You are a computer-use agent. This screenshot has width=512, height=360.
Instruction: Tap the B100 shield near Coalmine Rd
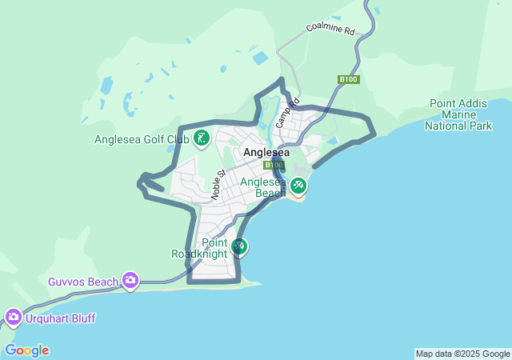tap(348, 79)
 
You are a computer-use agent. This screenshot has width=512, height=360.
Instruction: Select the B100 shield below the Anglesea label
tap(274, 165)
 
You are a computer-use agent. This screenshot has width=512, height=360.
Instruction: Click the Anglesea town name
tap(266, 152)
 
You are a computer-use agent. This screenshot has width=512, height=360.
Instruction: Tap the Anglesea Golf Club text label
tap(142, 139)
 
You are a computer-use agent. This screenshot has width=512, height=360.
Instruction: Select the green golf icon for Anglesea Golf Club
tap(202, 139)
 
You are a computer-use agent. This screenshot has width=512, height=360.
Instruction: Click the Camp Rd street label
tap(286, 113)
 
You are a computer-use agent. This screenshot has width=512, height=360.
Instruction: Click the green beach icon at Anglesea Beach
tap(298, 186)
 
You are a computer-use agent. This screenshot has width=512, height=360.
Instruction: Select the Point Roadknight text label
tap(200, 248)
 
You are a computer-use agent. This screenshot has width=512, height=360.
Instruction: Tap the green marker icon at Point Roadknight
tap(238, 246)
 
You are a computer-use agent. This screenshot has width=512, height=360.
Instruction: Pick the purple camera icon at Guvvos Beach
tap(130, 281)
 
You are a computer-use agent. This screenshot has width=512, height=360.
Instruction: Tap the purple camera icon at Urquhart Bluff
tap(13, 318)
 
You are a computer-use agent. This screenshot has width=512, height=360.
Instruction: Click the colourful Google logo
tap(26, 350)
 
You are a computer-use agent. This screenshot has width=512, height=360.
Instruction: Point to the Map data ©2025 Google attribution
tap(462, 354)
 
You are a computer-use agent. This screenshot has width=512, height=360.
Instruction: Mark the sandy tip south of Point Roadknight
tap(251, 282)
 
